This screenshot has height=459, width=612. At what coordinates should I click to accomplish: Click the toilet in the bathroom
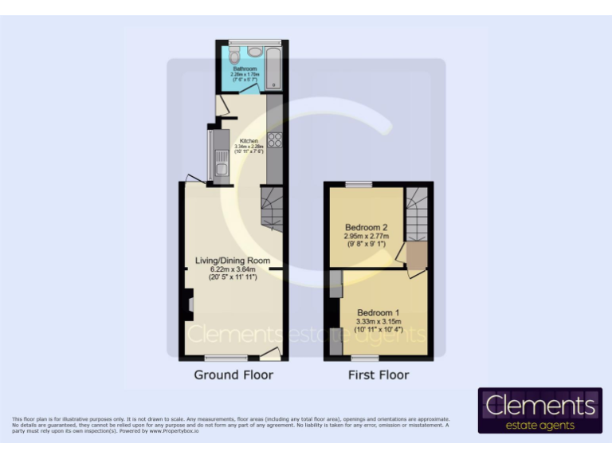click(233, 58)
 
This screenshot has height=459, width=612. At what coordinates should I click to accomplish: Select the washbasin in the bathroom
click(254, 52)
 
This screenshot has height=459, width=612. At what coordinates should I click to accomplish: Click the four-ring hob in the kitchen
click(275, 140)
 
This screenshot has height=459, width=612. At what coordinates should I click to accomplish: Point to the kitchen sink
click(220, 165)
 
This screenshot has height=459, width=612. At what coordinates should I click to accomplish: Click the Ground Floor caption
click(233, 375)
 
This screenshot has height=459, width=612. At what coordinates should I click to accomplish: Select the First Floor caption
click(379, 375)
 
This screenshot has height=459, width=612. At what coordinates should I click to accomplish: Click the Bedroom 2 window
click(358, 184)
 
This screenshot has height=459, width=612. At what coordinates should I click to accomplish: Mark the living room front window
click(226, 357)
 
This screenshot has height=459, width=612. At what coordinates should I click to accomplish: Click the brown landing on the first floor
click(417, 257)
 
